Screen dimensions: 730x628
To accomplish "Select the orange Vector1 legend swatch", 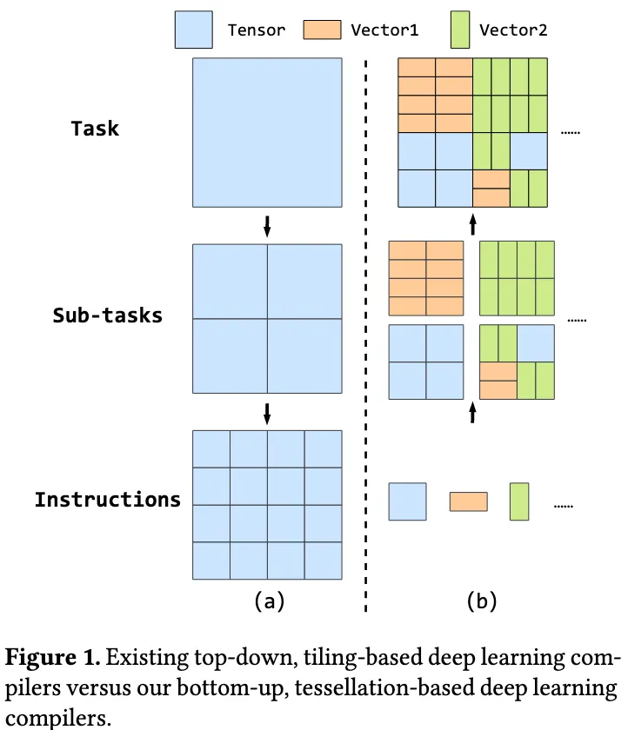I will (322, 30).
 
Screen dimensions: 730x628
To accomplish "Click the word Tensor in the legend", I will (256, 30).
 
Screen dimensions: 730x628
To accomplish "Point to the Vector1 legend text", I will (384, 30).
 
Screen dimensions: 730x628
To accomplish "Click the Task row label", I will (95, 129).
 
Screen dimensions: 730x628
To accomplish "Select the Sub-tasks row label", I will (108, 315).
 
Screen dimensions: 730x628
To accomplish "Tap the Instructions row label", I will (108, 500).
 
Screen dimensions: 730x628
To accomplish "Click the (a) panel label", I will (267, 599).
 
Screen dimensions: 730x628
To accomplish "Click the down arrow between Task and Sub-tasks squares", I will (267, 226).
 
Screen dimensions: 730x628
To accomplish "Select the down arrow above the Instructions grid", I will (267, 412).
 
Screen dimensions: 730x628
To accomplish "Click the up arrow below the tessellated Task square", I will (472, 225).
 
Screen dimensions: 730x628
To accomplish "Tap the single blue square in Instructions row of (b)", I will (407, 501).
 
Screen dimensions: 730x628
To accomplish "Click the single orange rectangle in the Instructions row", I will (468, 501).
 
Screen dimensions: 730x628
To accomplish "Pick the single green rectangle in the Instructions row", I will (519, 501).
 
